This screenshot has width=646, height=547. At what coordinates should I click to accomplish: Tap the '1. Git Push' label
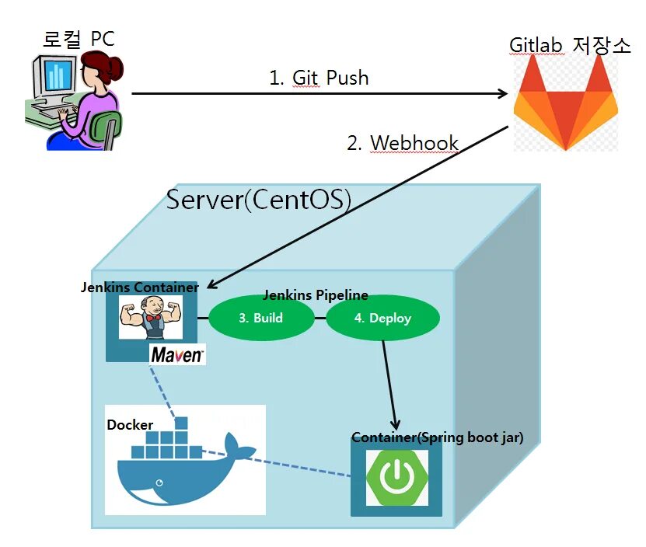click(319, 78)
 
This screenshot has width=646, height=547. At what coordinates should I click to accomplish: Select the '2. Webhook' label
click(403, 143)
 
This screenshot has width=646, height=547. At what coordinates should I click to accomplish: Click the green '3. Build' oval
click(261, 318)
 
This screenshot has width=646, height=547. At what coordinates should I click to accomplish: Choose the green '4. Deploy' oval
click(382, 318)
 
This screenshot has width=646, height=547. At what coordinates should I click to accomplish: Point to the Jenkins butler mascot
click(151, 317)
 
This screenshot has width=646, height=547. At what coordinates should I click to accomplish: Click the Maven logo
click(177, 354)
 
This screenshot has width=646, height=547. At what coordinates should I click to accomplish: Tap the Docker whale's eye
click(159, 483)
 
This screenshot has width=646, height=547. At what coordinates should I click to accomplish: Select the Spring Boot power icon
click(396, 477)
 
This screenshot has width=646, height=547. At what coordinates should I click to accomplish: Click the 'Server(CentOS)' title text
click(259, 200)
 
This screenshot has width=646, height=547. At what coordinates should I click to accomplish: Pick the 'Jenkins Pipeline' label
click(316, 295)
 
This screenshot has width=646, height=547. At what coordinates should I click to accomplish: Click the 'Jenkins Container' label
click(140, 287)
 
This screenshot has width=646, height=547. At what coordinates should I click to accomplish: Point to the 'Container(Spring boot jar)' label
click(438, 437)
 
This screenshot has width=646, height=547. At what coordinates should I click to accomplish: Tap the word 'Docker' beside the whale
click(130, 425)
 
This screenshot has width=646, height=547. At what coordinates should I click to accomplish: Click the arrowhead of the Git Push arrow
click(503, 93)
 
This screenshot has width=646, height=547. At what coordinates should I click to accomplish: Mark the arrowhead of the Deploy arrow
click(396, 424)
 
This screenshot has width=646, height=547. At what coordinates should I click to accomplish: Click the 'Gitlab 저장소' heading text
click(570, 45)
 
